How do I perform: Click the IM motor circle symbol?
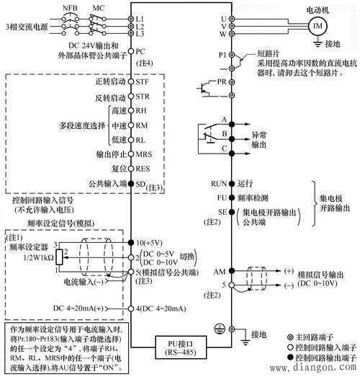316,27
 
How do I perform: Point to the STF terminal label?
143,84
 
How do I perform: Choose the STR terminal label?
143,97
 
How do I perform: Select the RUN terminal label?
218,184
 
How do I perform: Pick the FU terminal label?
221,198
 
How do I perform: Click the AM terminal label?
220,272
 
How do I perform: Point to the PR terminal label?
221,82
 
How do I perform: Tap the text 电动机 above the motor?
315,9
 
